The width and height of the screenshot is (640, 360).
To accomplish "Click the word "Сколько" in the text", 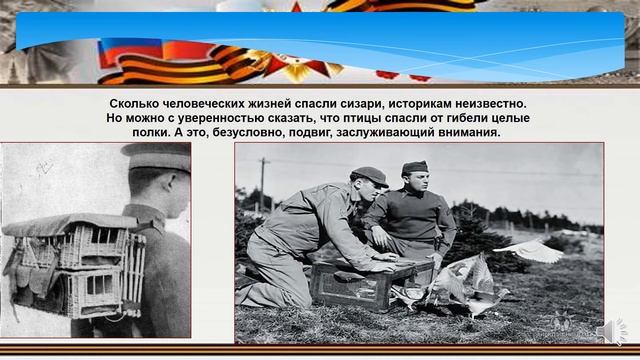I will [x=137, y=104].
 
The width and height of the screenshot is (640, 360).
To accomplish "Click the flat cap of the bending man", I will [x=369, y=176].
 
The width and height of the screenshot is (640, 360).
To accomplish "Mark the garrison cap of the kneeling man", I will [x=414, y=166].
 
